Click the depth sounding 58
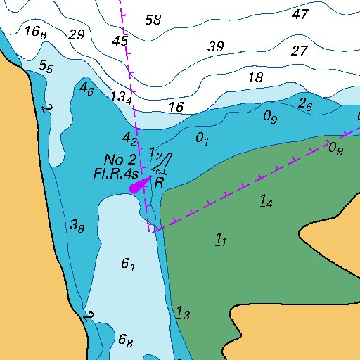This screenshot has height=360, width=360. pyautogui.click(x=153, y=19)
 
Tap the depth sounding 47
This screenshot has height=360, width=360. pyautogui.click(x=300, y=14)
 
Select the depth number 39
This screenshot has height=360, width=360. pyautogui.click(x=216, y=47)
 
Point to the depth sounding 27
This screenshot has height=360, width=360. pyautogui.click(x=300, y=51)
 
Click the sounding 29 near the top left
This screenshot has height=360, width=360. pyautogui.click(x=77, y=35)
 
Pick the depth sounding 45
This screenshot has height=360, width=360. pyautogui.click(x=120, y=41)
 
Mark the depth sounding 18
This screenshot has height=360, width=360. pyautogui.click(x=256, y=77)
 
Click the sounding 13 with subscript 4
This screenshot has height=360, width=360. pyautogui.click(x=122, y=97)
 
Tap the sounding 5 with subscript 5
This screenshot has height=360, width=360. pyautogui.click(x=46, y=67)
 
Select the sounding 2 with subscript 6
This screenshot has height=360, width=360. pyautogui.click(x=305, y=105)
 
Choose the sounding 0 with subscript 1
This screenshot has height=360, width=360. pyautogui.click(x=202, y=139)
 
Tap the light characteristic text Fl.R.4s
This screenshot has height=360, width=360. pyautogui.click(x=115, y=172)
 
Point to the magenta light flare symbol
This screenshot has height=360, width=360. pyautogui.click(x=140, y=186)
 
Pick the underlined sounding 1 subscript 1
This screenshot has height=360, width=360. pyautogui.click(x=220, y=241)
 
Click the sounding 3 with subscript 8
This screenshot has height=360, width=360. pyautogui.click(x=77, y=226)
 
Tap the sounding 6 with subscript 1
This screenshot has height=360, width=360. pyautogui.click(x=128, y=264)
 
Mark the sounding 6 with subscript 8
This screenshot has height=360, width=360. pyautogui.click(x=126, y=341)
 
